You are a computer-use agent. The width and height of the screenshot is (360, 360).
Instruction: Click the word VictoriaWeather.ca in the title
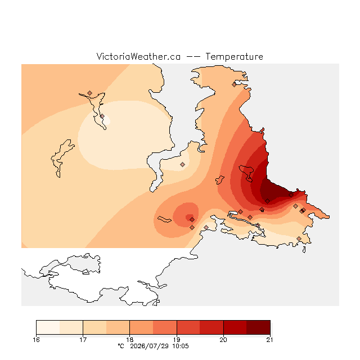coord(138,56)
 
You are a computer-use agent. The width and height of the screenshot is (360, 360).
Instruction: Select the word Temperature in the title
coord(234,56)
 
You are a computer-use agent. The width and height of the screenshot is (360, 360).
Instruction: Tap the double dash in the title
coord(193,57)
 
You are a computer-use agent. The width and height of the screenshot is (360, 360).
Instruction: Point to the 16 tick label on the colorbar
coord(36,340)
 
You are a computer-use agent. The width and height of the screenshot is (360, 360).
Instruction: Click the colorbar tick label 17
coord(83,340)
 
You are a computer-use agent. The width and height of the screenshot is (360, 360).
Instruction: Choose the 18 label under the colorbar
coord(130,340)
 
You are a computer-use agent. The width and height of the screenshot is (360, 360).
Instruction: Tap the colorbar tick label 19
coord(177,340)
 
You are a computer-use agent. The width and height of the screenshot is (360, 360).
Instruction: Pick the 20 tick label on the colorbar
coord(223,340)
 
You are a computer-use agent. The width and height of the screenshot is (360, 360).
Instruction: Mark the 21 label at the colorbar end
coord(270,340)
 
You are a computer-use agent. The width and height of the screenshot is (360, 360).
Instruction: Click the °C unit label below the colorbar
coord(121,346)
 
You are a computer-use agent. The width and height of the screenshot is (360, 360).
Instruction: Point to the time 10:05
coord(181,346)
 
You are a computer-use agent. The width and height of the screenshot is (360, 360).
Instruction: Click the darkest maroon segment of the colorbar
coord(258,327)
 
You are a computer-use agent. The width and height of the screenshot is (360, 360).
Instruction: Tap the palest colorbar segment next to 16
coord(48,327)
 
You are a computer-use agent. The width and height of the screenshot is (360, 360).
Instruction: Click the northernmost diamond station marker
coord(234,85)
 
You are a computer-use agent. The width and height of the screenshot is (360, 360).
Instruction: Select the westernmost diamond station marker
coord(90,93)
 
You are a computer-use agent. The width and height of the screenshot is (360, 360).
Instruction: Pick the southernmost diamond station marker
coord(299,238)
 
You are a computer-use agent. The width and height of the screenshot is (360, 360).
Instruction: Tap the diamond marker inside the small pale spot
coord(102,116)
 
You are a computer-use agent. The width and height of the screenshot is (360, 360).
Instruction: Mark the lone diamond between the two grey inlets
coord(182,164)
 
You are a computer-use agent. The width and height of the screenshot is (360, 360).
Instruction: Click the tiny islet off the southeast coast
coord(304,250)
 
